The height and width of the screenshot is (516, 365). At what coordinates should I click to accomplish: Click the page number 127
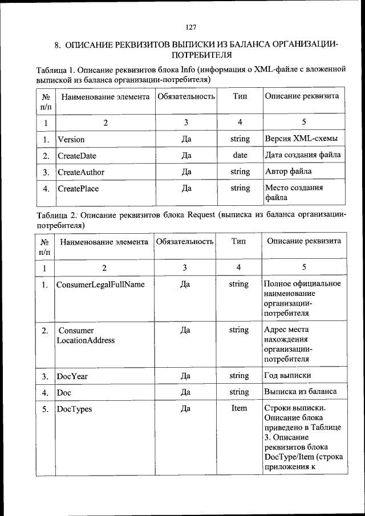[191, 27]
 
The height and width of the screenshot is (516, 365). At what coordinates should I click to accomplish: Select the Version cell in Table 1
[71, 139]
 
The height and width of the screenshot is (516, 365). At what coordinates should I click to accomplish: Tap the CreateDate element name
[77, 156]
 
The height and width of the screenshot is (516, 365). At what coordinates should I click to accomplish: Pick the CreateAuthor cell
[81, 172]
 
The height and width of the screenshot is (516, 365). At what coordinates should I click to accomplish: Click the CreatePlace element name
[78, 188]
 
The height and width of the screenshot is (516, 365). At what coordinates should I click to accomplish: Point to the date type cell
[240, 155]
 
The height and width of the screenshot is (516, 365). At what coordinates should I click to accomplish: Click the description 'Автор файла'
[289, 172]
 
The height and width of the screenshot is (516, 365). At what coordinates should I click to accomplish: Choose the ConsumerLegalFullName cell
[100, 285]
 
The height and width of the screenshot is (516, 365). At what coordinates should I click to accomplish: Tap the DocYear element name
[72, 376]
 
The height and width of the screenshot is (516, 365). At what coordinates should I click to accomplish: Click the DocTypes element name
[74, 409]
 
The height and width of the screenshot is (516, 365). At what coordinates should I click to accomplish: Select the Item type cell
[239, 409]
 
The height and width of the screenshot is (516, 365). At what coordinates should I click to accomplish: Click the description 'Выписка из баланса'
[301, 392]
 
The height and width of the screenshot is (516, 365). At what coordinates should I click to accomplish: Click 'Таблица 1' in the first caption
[57, 70]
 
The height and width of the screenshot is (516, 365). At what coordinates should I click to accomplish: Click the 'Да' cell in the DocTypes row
[185, 409]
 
